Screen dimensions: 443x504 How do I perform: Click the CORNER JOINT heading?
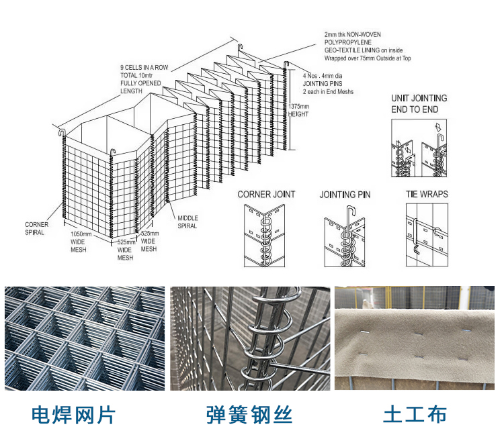tap(266, 195)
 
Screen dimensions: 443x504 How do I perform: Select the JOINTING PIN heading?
tap(345, 195)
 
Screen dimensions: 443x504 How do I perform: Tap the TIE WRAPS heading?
tap(427, 195)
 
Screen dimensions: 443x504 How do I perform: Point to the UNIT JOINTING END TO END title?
tap(419, 103)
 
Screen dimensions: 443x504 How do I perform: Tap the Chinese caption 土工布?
tap(414, 414)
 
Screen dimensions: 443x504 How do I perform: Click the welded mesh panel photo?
tap(84, 338)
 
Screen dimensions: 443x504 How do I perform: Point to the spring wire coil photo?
tap(250, 338)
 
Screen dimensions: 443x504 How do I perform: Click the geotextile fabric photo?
tap(415, 338)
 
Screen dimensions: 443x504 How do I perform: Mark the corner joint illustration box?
tap(266, 234)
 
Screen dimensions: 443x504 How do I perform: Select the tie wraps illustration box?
tap(427, 234)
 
